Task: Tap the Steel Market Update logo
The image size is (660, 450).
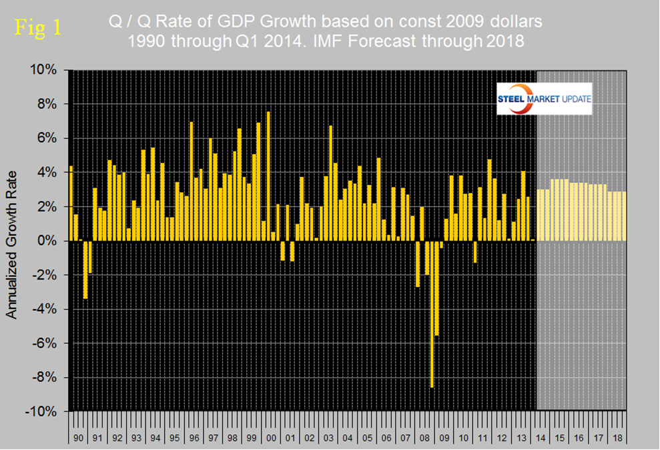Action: point(544,100)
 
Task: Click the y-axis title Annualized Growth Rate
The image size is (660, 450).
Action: point(11,240)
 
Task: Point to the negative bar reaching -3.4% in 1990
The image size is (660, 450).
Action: point(85,270)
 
